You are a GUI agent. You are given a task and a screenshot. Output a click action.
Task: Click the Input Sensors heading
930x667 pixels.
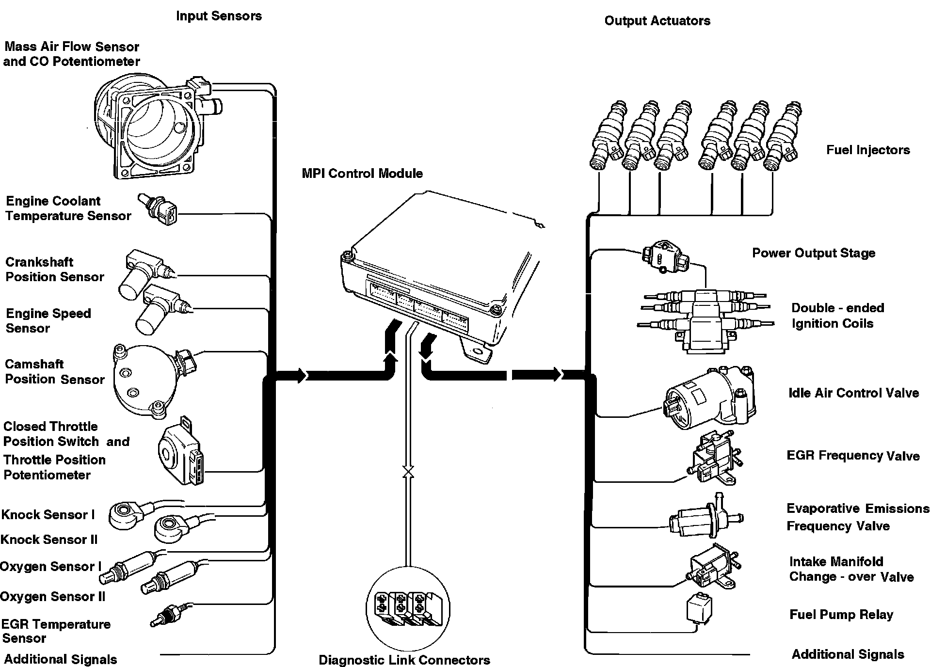[x=219, y=16]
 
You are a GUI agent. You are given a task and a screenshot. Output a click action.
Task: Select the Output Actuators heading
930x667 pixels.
[x=657, y=21]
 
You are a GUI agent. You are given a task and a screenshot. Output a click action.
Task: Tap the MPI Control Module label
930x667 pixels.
[x=362, y=174]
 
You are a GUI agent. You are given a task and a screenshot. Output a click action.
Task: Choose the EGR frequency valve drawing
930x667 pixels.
[x=712, y=459]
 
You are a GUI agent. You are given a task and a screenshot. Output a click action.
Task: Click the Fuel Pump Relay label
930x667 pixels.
[x=841, y=615]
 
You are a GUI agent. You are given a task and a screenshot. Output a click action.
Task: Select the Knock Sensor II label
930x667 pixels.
[x=49, y=540]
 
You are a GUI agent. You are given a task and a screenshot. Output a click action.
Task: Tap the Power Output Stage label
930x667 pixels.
[x=814, y=253]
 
